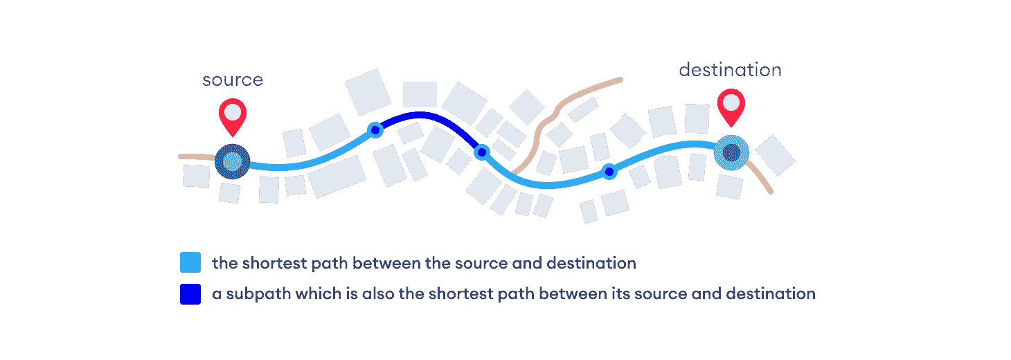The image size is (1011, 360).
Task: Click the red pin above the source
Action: [x=233, y=114]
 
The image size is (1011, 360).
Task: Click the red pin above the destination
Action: [x=731, y=105]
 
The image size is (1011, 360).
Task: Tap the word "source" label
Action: [x=233, y=80]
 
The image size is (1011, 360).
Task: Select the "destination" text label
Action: [x=730, y=70]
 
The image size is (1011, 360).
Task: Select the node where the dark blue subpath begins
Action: [x=375, y=129]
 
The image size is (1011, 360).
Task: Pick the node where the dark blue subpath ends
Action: [x=481, y=152]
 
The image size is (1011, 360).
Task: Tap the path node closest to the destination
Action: [x=609, y=172]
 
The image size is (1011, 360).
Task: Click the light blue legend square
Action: [x=190, y=263]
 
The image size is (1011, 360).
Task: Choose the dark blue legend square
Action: [x=190, y=294]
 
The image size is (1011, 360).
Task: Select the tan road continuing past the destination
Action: [x=762, y=179]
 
